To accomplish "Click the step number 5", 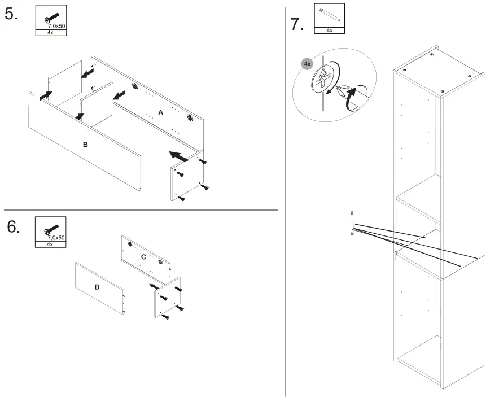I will [11, 15].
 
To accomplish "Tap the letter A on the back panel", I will [160, 113].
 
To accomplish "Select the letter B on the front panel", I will [85, 145].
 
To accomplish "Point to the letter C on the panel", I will [143, 256].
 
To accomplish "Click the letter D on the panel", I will [97, 287].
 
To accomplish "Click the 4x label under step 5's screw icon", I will [50, 33].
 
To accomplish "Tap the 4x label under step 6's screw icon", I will [50, 244].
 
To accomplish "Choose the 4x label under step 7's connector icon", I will [329, 30].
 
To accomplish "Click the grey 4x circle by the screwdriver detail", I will [307, 64].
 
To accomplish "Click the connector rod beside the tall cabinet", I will [352, 222].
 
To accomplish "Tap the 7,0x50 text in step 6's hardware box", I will [56, 238].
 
